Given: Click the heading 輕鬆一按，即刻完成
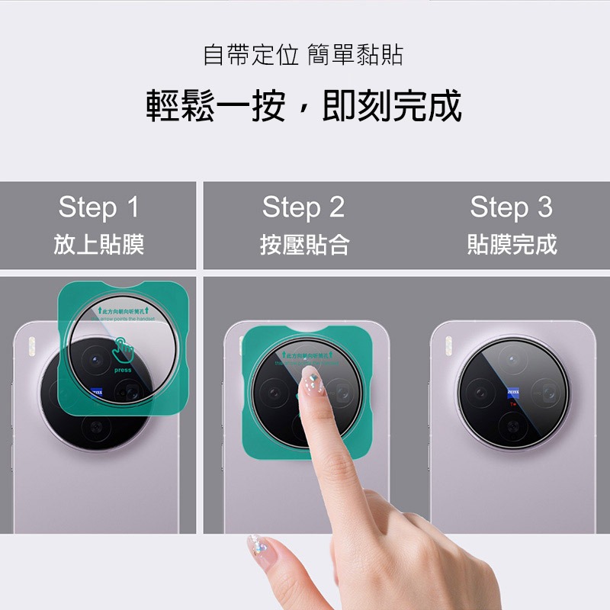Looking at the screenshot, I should (x=304, y=106).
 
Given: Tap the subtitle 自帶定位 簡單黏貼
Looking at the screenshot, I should (x=303, y=55).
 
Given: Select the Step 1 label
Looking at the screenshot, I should (x=98, y=207).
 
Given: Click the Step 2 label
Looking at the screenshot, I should (x=303, y=207).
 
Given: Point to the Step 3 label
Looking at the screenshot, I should (x=511, y=207).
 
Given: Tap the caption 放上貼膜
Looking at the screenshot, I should (x=98, y=244).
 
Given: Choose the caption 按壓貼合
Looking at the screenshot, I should (x=303, y=244).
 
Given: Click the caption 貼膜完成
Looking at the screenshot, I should (x=512, y=244).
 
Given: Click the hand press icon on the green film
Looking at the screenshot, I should (x=122, y=351).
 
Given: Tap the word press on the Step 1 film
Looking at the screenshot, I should (x=122, y=370).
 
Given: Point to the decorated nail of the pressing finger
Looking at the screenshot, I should (x=310, y=375).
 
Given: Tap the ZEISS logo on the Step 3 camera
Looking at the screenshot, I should (x=512, y=391).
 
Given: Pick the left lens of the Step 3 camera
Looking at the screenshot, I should (x=480, y=393).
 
